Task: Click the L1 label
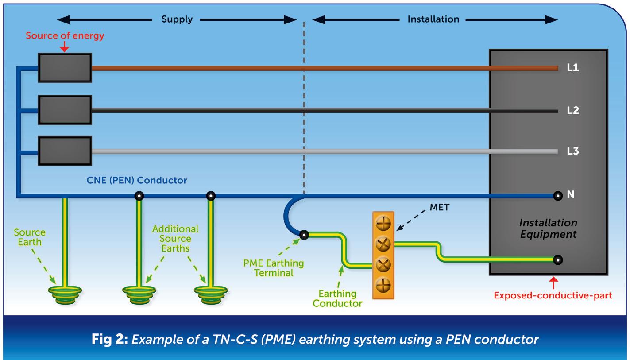point(573,69)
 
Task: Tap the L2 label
point(573,110)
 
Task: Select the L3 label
point(573,151)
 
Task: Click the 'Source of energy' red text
point(65,36)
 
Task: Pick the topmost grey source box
point(65,68)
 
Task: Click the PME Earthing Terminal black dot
point(304,235)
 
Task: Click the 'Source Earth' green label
point(30,237)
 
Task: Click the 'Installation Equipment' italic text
point(548,228)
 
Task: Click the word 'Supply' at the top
point(177,20)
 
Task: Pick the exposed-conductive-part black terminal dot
point(558,259)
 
